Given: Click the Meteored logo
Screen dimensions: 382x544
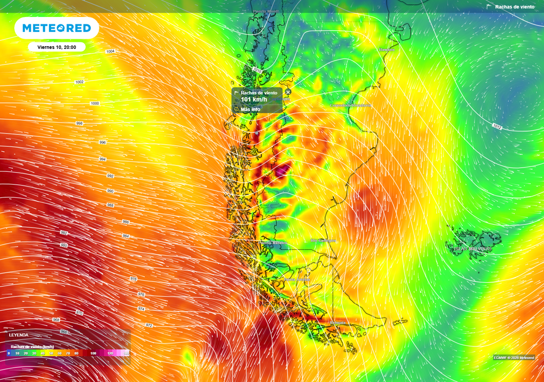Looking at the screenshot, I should (x=56, y=28).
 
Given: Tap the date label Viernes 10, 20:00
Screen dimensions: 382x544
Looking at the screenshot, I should (x=57, y=47).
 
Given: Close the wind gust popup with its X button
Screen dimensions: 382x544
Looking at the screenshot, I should (x=288, y=92).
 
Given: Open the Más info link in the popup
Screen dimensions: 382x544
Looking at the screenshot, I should (x=250, y=109).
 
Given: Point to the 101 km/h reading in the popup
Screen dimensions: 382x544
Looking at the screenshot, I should (x=253, y=99).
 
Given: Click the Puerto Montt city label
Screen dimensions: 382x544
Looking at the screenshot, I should (x=267, y=11).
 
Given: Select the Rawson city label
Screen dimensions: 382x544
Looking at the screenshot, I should (x=387, y=49).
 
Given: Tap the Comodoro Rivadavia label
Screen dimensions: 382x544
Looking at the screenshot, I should (x=351, y=105).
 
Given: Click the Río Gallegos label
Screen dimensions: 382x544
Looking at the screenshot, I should (x=323, y=240).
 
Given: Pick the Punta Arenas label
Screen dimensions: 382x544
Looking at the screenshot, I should (x=296, y=279).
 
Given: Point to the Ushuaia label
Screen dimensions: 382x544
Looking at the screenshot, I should (x=337, y=322).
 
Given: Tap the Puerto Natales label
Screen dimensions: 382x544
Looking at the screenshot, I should (x=272, y=242).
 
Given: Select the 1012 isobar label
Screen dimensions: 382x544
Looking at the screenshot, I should (x=497, y=126).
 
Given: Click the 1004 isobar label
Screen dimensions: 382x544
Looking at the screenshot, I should (x=110, y=51).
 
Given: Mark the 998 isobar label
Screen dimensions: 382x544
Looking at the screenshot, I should (x=80, y=123).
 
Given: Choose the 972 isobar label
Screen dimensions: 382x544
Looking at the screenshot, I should (x=149, y=325).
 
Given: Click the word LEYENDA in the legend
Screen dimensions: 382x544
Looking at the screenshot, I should (x=19, y=335).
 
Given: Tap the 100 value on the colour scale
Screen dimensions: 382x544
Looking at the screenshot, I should (x=93, y=353).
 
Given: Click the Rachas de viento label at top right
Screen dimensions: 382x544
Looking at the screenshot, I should (x=514, y=7).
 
